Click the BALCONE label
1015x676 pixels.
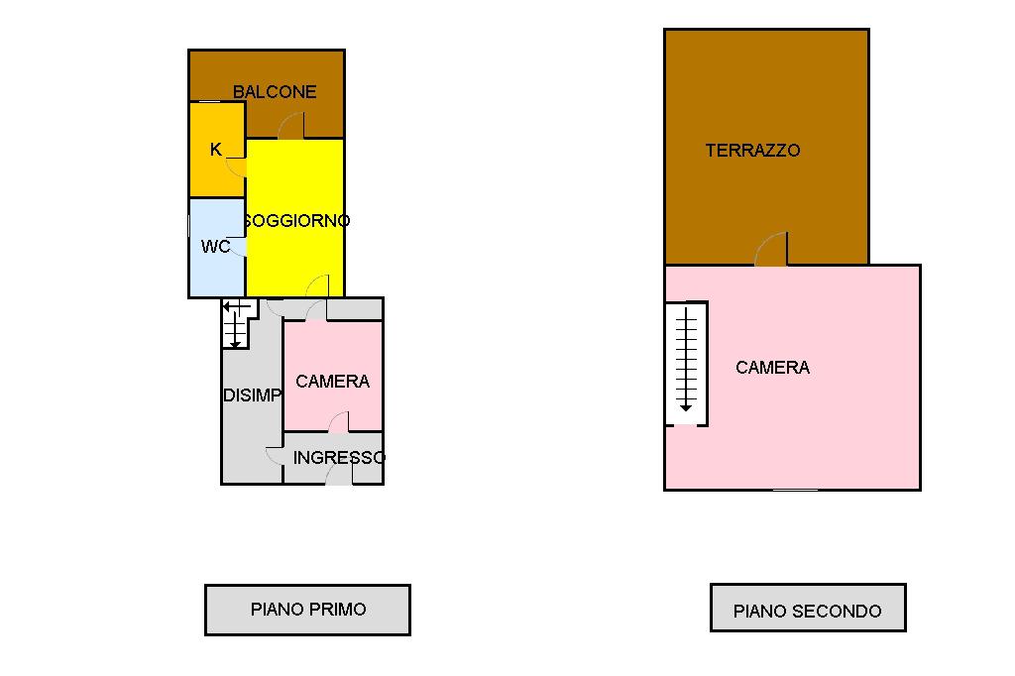[x=275, y=92]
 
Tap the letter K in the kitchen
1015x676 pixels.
[x=216, y=150]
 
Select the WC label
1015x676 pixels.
[x=215, y=246]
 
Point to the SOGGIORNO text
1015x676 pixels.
[x=296, y=221]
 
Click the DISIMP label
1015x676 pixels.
[x=252, y=394]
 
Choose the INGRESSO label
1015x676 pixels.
[x=339, y=458]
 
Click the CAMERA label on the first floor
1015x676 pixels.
[x=332, y=381]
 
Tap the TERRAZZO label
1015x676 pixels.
[x=752, y=151]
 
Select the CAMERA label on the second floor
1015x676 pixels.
[x=772, y=368]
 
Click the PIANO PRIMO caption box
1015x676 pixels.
[x=307, y=610]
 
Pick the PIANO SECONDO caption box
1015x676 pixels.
[x=807, y=609]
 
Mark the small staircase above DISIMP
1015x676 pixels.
[x=236, y=323]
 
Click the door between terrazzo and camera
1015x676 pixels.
[x=772, y=250]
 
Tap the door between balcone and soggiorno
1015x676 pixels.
[x=291, y=126]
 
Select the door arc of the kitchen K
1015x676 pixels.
[x=237, y=165]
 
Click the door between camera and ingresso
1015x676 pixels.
[x=339, y=422]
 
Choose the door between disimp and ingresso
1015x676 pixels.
[x=275, y=455]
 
